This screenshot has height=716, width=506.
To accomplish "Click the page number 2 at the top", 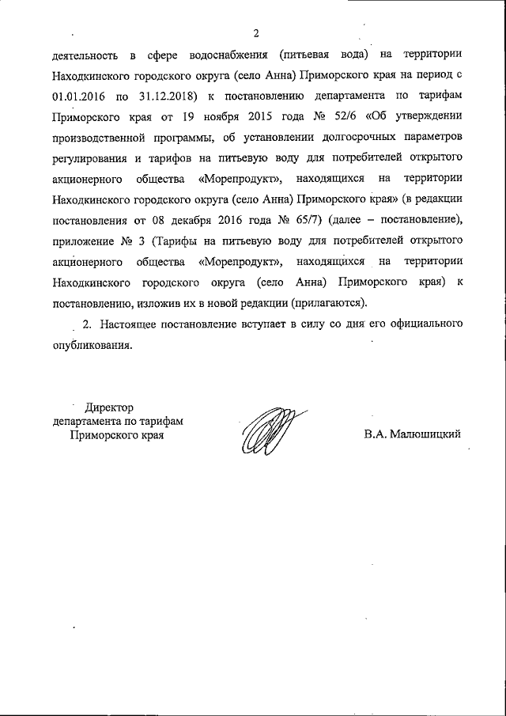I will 256,32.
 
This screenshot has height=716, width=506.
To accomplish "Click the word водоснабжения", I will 216,56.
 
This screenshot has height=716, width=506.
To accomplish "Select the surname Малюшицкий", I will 413,434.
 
